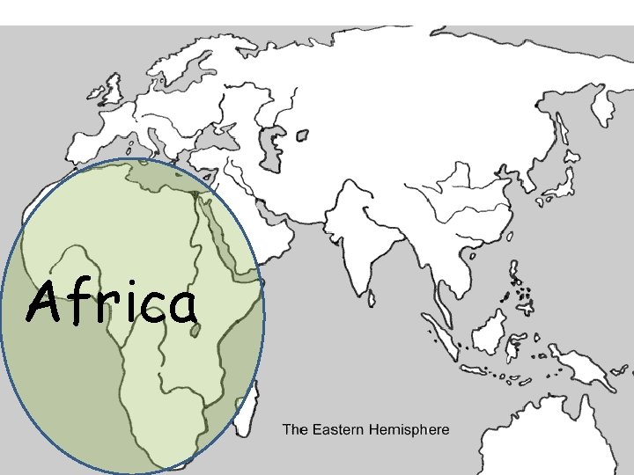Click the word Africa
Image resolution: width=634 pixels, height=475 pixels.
pos(111,303)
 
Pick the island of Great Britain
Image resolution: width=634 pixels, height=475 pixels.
pos(112,88)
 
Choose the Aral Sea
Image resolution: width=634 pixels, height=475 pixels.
pos(302,135)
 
